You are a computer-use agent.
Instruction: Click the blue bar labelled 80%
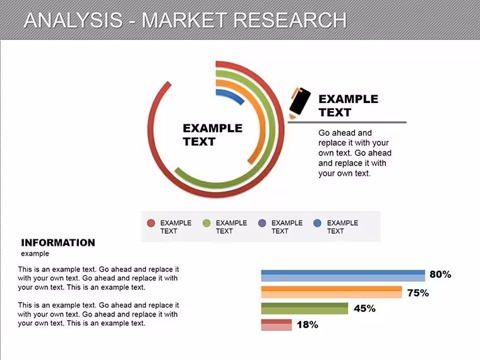(x=343, y=275)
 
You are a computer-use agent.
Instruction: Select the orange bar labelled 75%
(x=331, y=292)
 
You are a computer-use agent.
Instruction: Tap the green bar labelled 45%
(x=304, y=309)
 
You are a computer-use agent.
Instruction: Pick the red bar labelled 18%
(x=277, y=325)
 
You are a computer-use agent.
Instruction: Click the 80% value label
(x=440, y=274)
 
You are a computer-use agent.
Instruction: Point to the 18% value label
(x=308, y=325)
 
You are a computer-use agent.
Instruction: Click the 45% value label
(x=364, y=308)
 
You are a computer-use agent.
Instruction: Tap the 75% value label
(x=418, y=293)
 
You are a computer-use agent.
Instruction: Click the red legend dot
(x=151, y=223)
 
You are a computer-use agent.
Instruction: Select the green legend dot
(x=207, y=223)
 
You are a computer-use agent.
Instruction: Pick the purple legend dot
(x=262, y=223)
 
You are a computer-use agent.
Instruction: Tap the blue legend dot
(x=318, y=223)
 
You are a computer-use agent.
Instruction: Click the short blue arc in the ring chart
(x=232, y=94)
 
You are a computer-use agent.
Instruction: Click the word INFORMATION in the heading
(x=58, y=243)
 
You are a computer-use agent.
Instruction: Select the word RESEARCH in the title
(x=290, y=20)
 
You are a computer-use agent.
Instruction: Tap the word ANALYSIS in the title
(x=73, y=20)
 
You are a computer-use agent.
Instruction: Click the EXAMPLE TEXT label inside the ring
(x=212, y=135)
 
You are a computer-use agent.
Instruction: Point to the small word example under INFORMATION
(x=35, y=254)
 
